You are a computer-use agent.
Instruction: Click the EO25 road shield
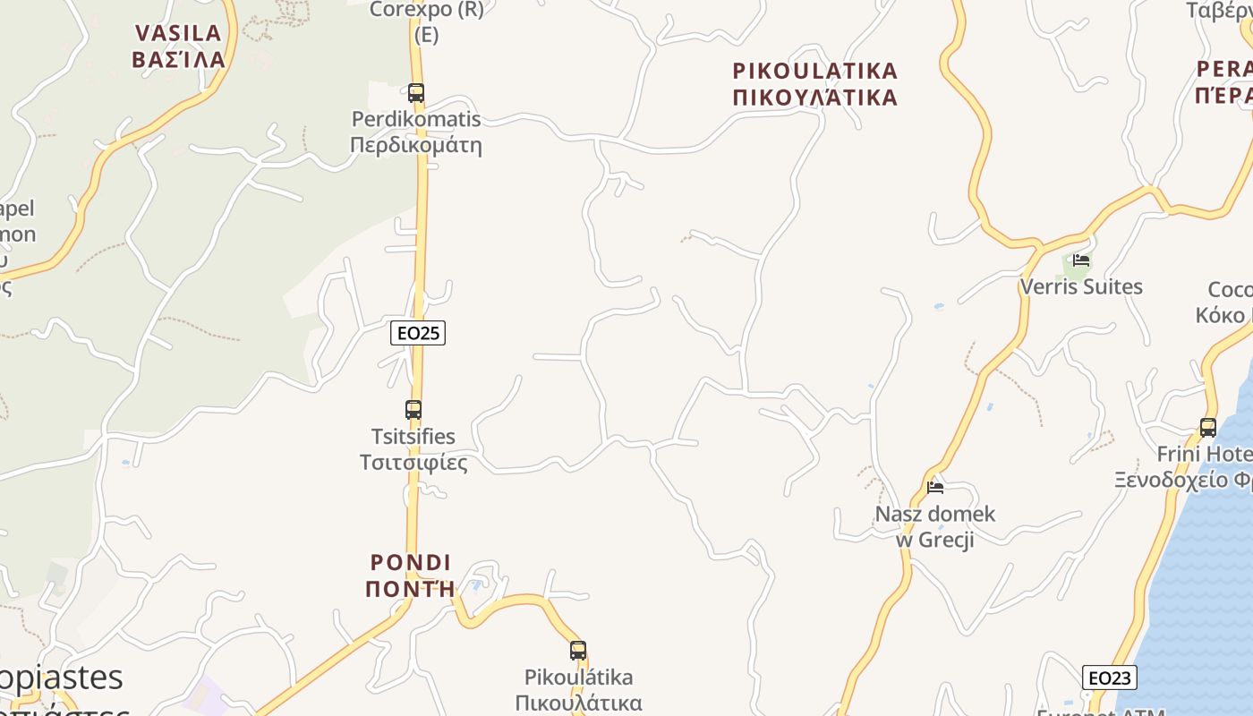pos(418,333)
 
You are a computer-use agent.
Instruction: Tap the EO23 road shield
pos(1109,678)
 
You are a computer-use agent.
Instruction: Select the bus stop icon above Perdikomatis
pos(416,92)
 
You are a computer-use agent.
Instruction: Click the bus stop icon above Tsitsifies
pos(413,410)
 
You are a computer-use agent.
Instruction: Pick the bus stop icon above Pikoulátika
pos(578,651)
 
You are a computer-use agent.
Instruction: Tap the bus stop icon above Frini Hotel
pos(1208,428)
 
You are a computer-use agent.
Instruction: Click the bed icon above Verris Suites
pos(1081,260)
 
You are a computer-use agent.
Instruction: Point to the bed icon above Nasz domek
pos(935,488)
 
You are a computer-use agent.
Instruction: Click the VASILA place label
pos(178,34)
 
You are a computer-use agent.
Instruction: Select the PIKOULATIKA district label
pos(814,71)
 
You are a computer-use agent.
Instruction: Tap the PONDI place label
pos(411,563)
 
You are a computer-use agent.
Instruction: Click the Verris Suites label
pos(1081,287)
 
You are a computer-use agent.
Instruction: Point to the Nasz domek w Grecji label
pos(935,527)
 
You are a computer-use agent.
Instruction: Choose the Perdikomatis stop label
pos(416,119)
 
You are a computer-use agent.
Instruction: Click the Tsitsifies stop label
pos(413,437)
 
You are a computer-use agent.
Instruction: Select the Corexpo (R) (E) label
pos(427,21)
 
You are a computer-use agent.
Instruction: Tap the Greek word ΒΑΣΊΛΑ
pos(178,60)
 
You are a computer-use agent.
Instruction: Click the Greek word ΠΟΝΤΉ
pos(411,589)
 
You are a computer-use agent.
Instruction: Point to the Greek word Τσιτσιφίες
pos(413,463)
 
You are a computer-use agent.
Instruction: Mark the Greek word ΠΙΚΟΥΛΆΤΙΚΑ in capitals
pos(814,97)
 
